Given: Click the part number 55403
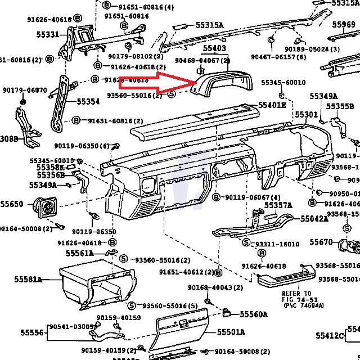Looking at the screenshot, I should coord(214,49).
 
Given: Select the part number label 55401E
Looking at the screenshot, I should coord(272,105).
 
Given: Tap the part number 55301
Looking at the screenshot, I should coord(307,115).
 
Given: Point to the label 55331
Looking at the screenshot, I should coord(48,35).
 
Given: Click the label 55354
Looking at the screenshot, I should coord(88,102).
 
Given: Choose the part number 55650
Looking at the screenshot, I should coord(12,204).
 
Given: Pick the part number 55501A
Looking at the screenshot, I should coord(231,332).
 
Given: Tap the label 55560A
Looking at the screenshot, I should coord(254,314).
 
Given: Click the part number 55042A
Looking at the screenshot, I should coord(314,218).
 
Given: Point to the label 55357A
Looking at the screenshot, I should coord(278,205).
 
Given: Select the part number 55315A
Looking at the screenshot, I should coord(210,25).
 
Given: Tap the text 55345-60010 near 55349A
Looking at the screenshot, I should coord(283,83).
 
